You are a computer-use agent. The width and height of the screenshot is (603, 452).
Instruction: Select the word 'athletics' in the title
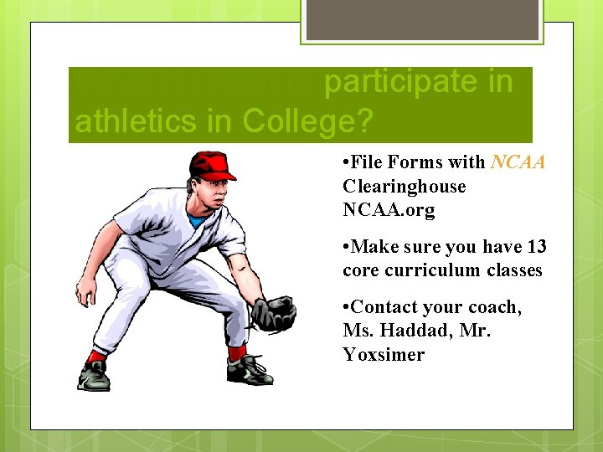point(146,122)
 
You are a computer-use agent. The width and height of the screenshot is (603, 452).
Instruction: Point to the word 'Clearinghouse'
point(404,187)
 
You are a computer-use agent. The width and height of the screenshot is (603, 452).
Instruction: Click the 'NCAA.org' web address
point(389,210)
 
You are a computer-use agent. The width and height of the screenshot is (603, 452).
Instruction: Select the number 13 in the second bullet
point(536,247)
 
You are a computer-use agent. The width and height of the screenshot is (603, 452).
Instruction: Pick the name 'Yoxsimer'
point(384,354)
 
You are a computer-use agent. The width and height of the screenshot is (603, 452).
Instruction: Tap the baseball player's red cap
point(210,166)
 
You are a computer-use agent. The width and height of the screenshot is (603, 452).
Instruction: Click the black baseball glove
point(273,314)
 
